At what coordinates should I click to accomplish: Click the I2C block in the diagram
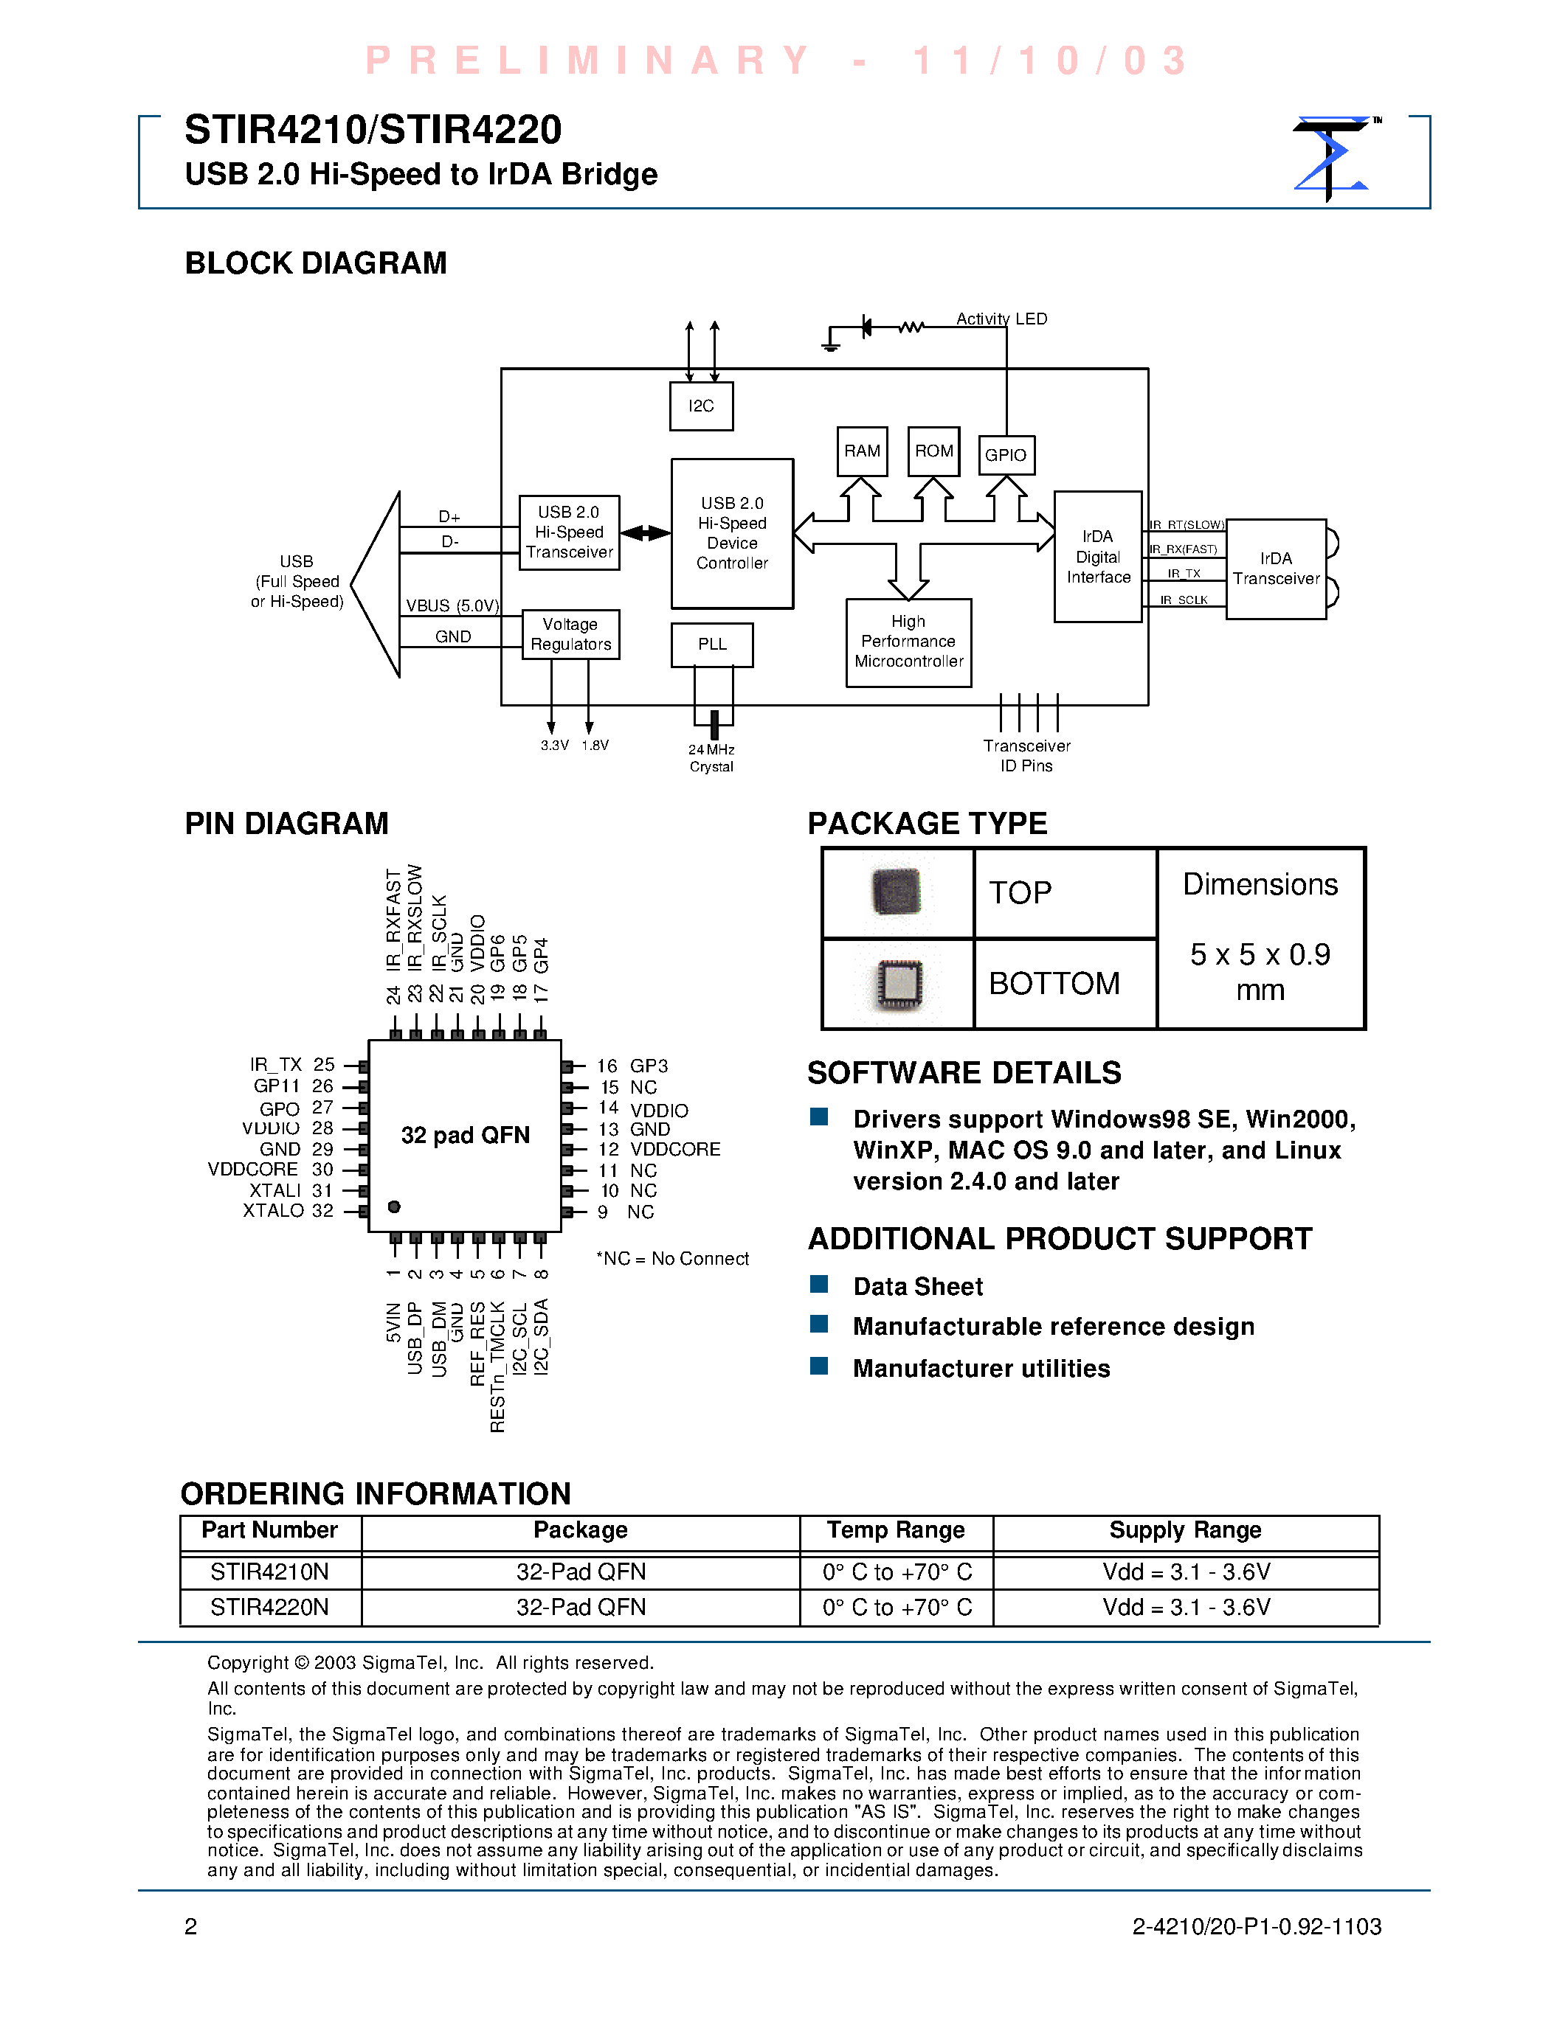(x=701, y=406)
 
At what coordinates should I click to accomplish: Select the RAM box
(x=862, y=451)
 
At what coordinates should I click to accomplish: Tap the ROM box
(x=933, y=451)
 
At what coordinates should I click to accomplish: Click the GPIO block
(x=1006, y=455)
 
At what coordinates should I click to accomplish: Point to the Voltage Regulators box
(x=570, y=634)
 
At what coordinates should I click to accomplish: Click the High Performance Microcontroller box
(x=908, y=642)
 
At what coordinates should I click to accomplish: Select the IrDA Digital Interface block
(x=1098, y=556)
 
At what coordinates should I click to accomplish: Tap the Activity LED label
(x=1001, y=319)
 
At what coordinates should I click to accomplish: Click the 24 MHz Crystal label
(x=711, y=757)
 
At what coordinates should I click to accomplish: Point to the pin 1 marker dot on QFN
(x=394, y=1206)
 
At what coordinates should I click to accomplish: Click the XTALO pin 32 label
(x=287, y=1211)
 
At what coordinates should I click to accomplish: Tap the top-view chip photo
(x=897, y=892)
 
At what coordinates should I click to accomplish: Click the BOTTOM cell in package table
(x=1054, y=983)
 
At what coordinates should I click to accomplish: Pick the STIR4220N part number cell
(x=269, y=1608)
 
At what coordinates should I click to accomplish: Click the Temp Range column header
(x=896, y=1530)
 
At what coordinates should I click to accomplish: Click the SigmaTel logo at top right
(x=1332, y=158)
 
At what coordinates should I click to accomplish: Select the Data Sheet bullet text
(x=918, y=1286)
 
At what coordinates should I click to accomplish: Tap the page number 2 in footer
(x=190, y=1927)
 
